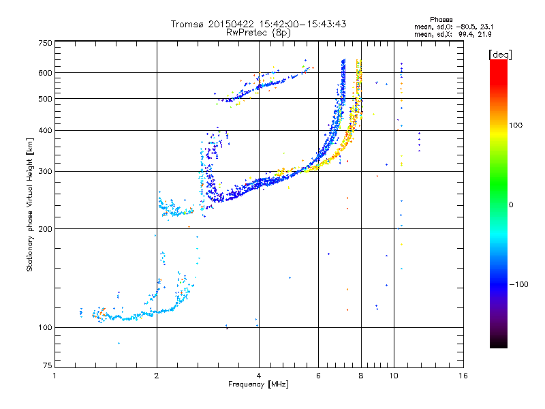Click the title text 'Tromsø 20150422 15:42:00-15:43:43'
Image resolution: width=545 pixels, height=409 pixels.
click(x=258, y=24)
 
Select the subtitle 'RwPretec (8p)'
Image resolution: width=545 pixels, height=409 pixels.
click(x=258, y=32)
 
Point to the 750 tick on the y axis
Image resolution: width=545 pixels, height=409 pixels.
click(x=45, y=43)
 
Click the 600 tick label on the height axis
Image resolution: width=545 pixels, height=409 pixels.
click(x=45, y=72)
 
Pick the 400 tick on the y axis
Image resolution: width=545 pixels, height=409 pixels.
click(x=45, y=130)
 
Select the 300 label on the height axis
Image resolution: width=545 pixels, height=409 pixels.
click(x=45, y=171)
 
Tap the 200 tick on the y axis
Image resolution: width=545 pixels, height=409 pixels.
click(x=45, y=228)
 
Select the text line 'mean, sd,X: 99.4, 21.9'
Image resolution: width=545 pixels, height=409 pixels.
click(x=448, y=33)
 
